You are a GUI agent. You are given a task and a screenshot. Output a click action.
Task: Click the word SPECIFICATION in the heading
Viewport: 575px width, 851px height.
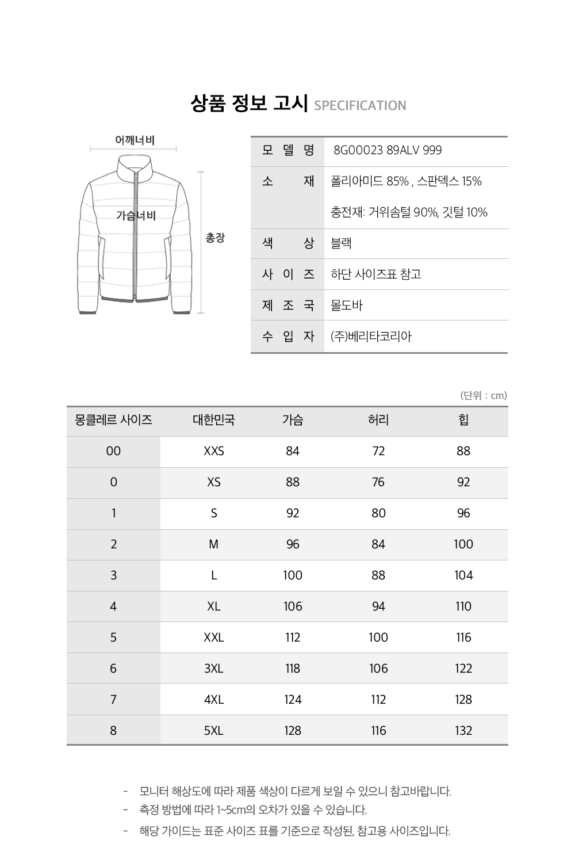point(360,105)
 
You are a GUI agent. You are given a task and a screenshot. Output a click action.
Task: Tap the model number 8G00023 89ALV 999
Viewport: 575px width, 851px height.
point(388,150)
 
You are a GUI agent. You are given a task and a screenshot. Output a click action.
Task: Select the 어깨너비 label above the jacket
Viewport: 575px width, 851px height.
point(135,140)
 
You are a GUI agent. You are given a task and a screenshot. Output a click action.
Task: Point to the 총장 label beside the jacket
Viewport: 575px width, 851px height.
point(216,238)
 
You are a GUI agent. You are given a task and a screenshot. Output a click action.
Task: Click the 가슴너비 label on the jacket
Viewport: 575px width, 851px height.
point(136,215)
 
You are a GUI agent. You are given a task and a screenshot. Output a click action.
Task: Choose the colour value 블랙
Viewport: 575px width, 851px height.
point(341,243)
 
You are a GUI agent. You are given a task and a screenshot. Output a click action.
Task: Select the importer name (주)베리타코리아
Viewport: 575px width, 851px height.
point(371,336)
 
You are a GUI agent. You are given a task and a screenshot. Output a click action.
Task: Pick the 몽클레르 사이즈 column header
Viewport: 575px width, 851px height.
point(113,420)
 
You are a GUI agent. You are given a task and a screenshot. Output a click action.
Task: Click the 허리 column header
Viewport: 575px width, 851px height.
point(378,420)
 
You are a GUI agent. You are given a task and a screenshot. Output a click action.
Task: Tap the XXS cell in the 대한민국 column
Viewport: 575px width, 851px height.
point(214,451)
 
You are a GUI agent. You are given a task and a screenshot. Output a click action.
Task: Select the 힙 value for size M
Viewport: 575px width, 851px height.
point(463,544)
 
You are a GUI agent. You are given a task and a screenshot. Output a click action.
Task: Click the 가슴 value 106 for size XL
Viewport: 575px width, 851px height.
point(293,606)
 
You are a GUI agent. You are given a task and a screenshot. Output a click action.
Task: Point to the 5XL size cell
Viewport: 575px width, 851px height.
point(214,731)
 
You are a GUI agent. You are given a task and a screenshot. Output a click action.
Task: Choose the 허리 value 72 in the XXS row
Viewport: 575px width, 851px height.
point(378,451)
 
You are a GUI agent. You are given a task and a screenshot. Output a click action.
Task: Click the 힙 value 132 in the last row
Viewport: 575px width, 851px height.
point(463,731)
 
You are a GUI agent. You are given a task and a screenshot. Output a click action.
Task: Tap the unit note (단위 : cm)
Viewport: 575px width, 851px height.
point(484,395)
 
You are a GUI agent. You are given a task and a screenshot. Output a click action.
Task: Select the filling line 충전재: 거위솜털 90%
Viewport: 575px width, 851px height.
point(409,212)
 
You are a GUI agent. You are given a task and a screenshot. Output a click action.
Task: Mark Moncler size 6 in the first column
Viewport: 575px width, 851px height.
point(113,669)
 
